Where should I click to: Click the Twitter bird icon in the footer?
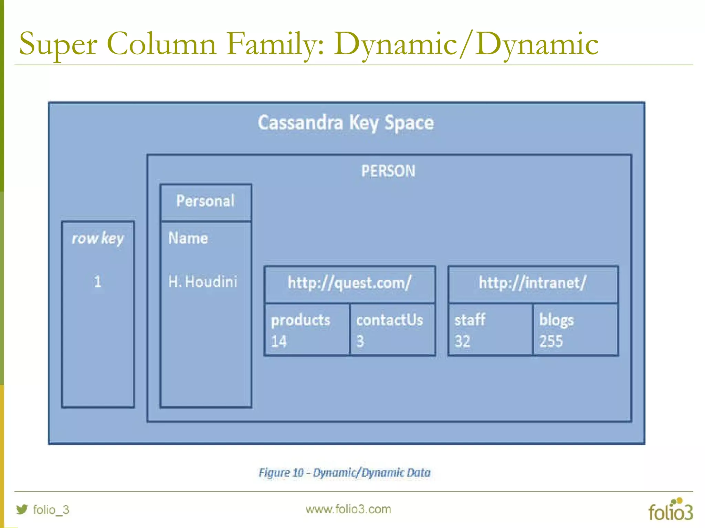pos(22,509)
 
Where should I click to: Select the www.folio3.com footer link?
pos(348,509)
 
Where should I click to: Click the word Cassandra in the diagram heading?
pos(300,123)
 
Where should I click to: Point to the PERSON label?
pos(388,171)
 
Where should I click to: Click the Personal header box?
pos(206,201)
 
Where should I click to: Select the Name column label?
pos(188,238)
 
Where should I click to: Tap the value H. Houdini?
pos(202,282)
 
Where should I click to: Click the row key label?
pos(98,238)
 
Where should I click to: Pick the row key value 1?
pos(98,282)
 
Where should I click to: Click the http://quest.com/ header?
pos(349,283)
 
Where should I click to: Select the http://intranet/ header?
pos(533,283)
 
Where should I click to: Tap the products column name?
pos(301,320)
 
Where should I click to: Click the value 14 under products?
pos(279,341)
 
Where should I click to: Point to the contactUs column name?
pos(389,320)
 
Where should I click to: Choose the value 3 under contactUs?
pos(360,341)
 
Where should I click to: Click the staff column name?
pos(470,320)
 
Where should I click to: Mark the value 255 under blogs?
pos(551,341)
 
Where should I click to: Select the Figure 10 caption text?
pos(345,473)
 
